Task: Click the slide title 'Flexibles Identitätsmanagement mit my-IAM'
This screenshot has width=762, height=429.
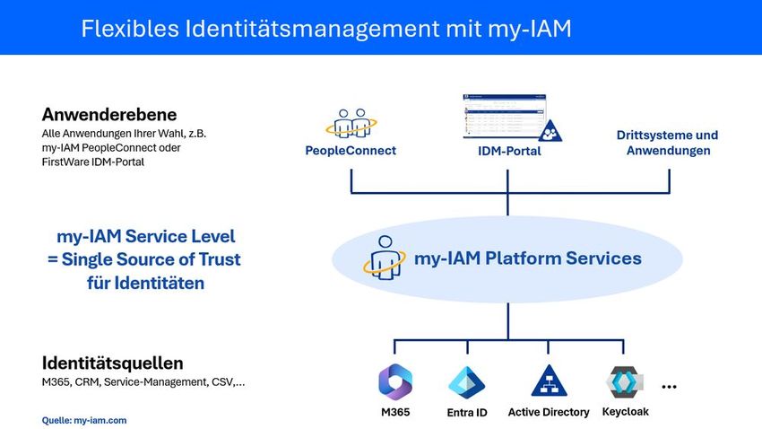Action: [325, 29]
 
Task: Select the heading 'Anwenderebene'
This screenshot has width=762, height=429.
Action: [108, 115]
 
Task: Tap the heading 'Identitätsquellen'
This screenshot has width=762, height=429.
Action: [112, 363]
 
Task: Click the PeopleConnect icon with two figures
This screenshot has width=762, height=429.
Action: [351, 124]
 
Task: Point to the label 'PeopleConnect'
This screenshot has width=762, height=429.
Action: [351, 151]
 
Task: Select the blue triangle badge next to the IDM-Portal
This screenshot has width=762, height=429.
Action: [550, 131]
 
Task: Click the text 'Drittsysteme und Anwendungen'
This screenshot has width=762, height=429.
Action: [667, 143]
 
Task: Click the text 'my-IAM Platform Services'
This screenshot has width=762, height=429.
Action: [527, 258]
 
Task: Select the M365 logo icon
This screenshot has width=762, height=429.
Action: [395, 382]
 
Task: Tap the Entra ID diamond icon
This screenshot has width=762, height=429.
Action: [466, 382]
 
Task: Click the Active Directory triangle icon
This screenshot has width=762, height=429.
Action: [549, 381]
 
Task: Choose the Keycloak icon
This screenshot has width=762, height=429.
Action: [625, 381]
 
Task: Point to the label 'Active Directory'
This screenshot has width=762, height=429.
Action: [549, 412]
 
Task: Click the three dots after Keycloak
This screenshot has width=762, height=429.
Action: [668, 387]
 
